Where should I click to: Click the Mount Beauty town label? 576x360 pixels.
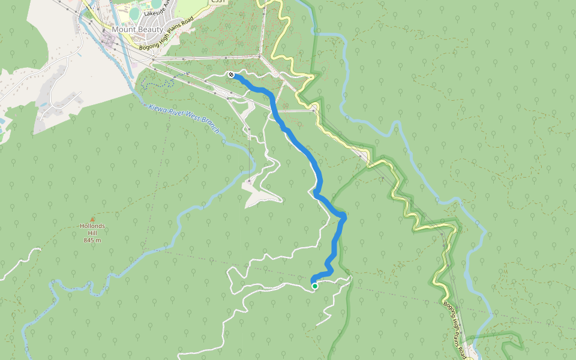point(137,29)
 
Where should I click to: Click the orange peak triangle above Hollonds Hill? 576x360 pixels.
point(92,219)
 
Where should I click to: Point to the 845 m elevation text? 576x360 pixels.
point(92,240)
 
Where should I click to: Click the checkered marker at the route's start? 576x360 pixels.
point(231,74)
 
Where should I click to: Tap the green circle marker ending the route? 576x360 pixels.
point(314,286)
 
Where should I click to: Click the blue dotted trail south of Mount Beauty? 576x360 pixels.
point(157,84)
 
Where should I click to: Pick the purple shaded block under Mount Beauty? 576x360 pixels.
point(109,40)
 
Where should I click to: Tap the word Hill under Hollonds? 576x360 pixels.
point(92,233)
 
